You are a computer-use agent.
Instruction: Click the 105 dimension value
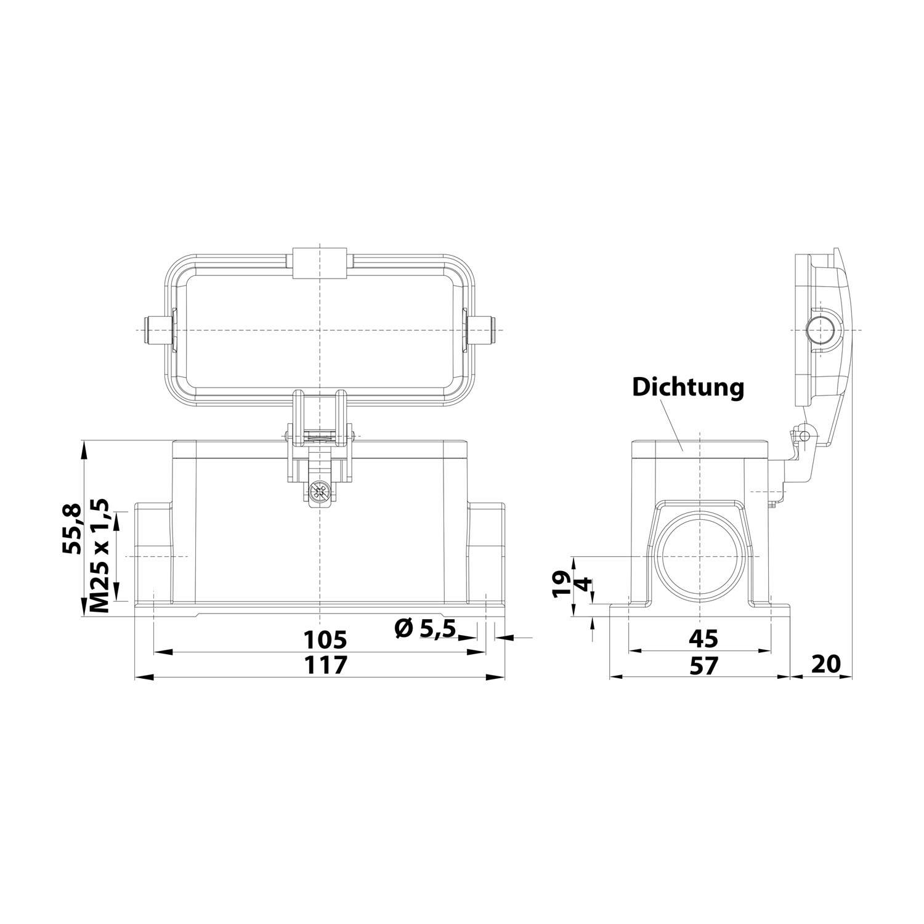coord(326,639)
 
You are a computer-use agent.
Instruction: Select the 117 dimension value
coord(326,665)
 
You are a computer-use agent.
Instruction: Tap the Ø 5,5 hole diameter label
coord(424,628)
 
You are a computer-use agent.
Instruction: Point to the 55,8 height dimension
coord(72,529)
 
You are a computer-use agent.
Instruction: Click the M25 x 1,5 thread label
coord(100,556)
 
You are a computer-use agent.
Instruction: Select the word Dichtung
coord(688,387)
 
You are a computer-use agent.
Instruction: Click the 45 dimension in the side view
coord(703,639)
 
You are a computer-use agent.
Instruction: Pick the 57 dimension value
coord(703,665)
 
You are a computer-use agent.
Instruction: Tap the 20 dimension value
coord(826,664)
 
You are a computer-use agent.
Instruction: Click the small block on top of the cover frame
coord(320,262)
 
